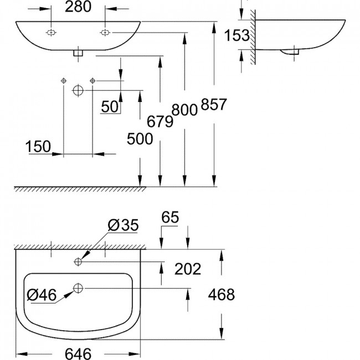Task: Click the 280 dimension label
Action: [x=78, y=7]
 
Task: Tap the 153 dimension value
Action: [x=236, y=35]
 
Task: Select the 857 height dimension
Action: [x=214, y=104]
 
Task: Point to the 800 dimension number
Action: [x=184, y=110]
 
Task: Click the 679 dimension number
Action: [x=160, y=121]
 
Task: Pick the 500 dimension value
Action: [x=140, y=139]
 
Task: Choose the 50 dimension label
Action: [x=110, y=106]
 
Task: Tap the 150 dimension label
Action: [x=38, y=146]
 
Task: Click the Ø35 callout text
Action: [x=124, y=225]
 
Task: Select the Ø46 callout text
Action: [x=42, y=295]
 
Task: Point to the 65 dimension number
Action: [x=170, y=217]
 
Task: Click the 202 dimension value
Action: [x=188, y=269]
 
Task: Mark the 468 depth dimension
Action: [x=222, y=295]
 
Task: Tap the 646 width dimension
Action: [x=78, y=353]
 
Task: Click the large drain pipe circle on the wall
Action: [x=78, y=91]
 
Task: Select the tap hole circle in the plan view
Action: [x=78, y=261]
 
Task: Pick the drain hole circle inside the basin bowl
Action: [x=78, y=288]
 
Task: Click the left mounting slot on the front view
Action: [x=51, y=33]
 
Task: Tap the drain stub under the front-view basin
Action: [x=78, y=53]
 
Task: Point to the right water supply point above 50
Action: [x=92, y=81]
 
